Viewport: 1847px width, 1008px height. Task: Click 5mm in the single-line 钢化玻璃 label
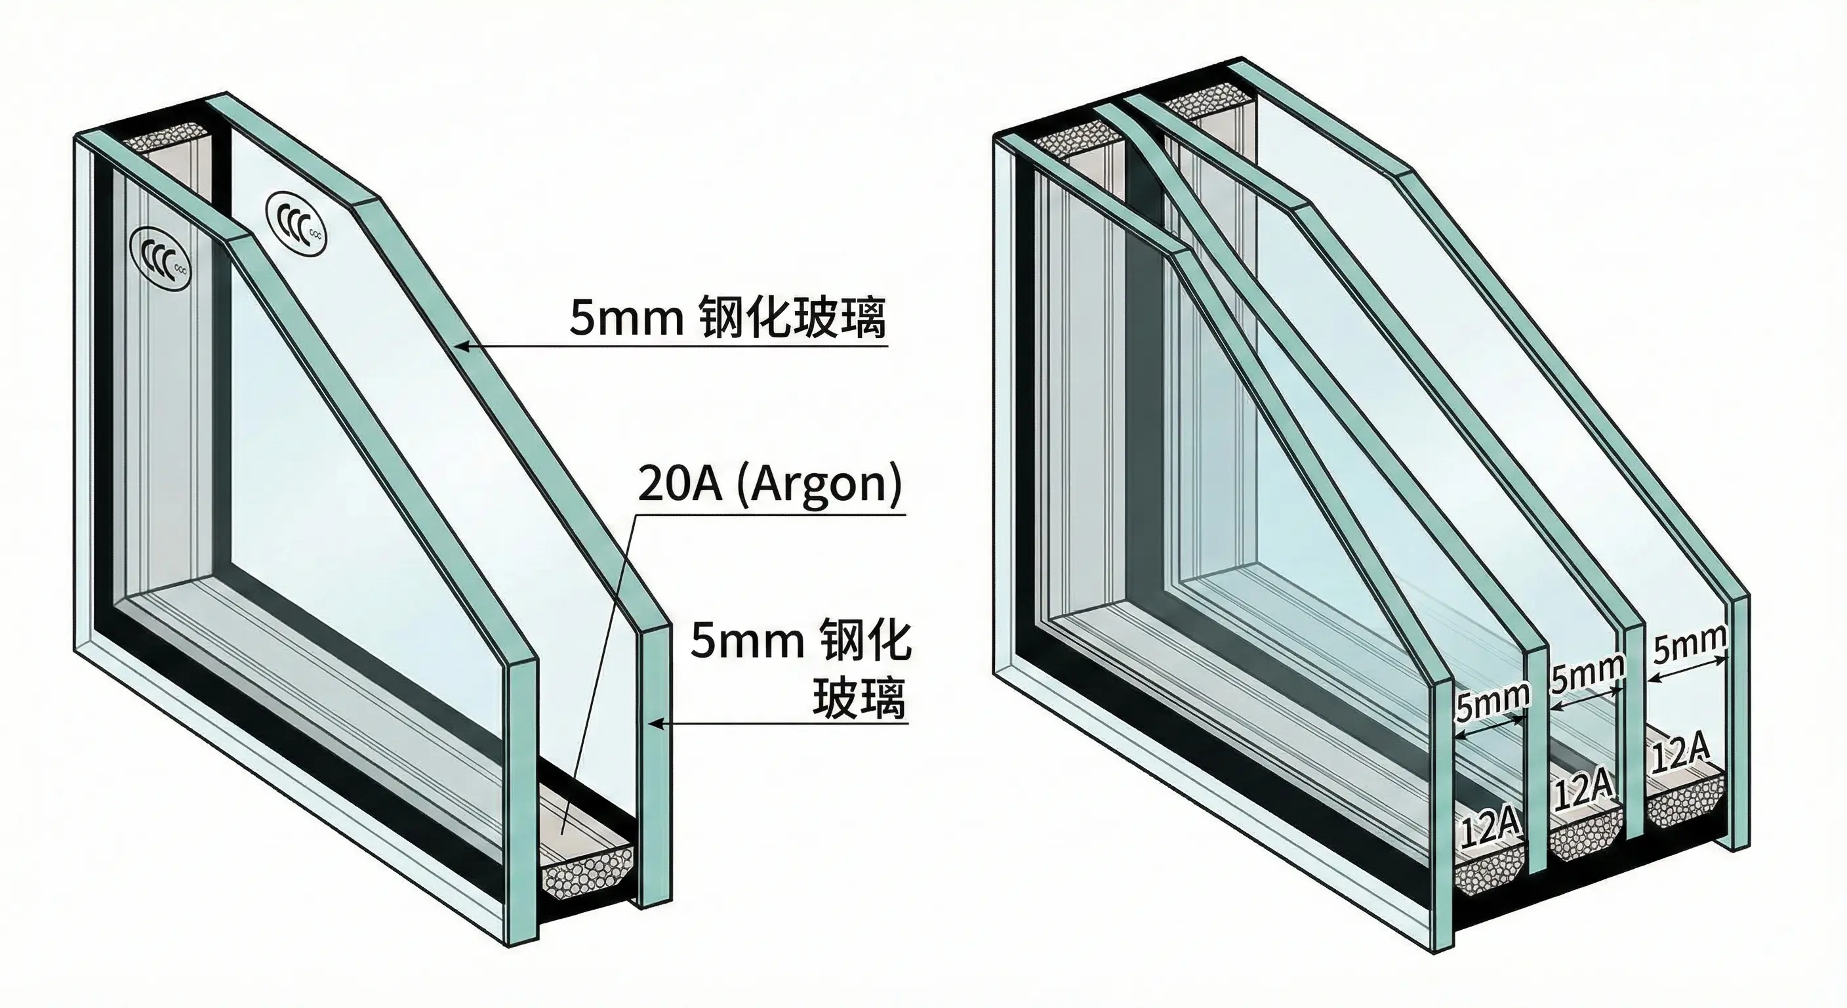(x=626, y=318)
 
